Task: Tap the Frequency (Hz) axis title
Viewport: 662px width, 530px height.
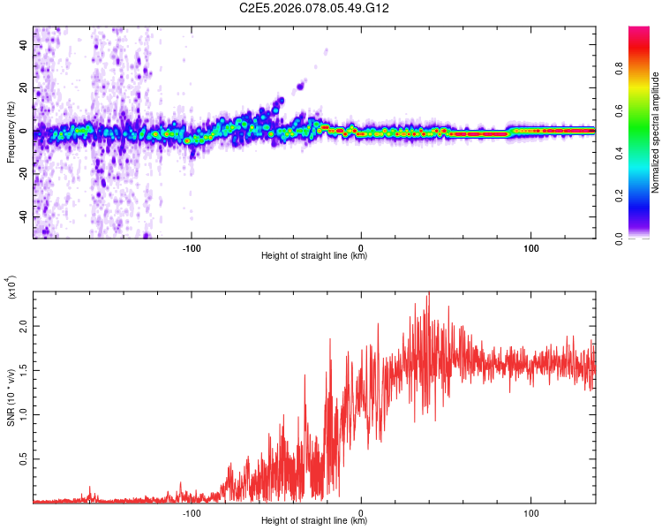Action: click(x=11, y=132)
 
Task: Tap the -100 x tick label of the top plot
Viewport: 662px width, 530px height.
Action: click(x=192, y=246)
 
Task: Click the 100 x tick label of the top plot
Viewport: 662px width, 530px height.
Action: click(x=530, y=246)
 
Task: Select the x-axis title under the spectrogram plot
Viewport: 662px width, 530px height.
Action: click(x=314, y=256)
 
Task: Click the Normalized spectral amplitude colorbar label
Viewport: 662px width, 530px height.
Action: click(x=656, y=132)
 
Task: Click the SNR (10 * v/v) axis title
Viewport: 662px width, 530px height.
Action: click(x=11, y=397)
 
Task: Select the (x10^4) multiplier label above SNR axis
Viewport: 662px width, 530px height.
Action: click(x=11, y=287)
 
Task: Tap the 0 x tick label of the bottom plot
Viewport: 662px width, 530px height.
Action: click(x=362, y=511)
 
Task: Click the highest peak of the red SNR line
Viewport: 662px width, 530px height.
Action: click(x=428, y=294)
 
